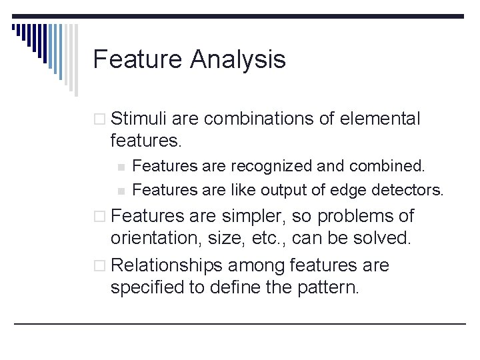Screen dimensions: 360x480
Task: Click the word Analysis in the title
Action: point(238,60)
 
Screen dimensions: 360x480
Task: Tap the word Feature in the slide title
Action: point(138,59)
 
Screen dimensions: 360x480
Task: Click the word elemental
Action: point(380,119)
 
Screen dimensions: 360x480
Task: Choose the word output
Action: point(285,190)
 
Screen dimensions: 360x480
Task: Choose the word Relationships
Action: point(167,265)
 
